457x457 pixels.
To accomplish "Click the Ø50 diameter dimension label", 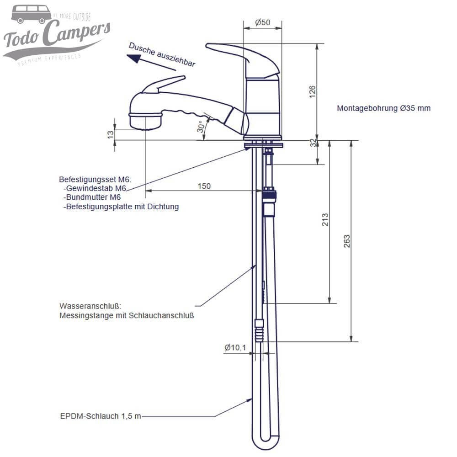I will (x=262, y=23).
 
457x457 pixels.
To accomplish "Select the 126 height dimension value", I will (x=313, y=92).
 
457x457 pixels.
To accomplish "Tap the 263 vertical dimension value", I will (x=346, y=241).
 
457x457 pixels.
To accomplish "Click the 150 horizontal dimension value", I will (x=204, y=186).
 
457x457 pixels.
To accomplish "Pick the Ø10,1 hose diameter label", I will (x=235, y=348).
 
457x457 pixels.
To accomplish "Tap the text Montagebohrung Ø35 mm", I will (x=383, y=108).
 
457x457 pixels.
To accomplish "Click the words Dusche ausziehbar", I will (x=162, y=54).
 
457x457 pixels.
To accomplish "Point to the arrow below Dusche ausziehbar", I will (x=151, y=63).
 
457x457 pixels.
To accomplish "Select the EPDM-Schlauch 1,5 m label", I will (x=101, y=416).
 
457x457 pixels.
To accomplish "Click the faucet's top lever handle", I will (x=233, y=53).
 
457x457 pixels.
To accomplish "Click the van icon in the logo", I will (x=31, y=14).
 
